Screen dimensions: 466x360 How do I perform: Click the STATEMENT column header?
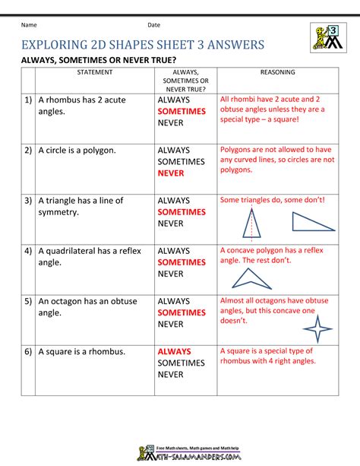pyautogui.click(x=94, y=72)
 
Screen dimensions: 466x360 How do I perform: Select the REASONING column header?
pyautogui.click(x=277, y=72)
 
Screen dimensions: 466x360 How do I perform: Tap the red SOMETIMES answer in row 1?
pyautogui.click(x=182, y=112)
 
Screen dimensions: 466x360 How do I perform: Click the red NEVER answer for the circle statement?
pyautogui.click(x=172, y=173)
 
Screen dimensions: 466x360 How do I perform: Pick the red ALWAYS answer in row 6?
pyautogui.click(x=174, y=352)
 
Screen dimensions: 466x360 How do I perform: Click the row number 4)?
pyautogui.click(x=28, y=250)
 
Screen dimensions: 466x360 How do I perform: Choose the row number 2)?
pyautogui.click(x=28, y=151)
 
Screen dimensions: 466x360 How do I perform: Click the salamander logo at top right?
pyautogui.click(x=327, y=37)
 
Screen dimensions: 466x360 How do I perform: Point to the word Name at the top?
pyautogui.click(x=30, y=25)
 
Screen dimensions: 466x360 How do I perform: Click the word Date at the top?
pyautogui.click(x=153, y=25)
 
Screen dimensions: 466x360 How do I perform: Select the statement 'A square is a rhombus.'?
pyautogui.click(x=81, y=351)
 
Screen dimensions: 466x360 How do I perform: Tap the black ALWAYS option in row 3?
pyautogui.click(x=174, y=201)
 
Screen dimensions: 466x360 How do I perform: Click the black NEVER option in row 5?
pyautogui.click(x=172, y=324)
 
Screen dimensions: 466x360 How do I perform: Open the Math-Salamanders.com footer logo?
pyautogui.click(x=180, y=452)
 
